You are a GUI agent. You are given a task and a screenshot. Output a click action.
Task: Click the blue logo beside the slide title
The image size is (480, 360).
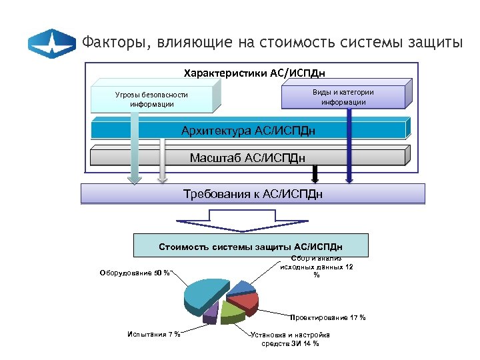click(x=52, y=43)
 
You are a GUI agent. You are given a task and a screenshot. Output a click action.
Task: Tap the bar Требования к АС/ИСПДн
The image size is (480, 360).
click(x=252, y=194)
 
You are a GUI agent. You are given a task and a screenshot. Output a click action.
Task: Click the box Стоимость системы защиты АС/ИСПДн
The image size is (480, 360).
click(x=251, y=246)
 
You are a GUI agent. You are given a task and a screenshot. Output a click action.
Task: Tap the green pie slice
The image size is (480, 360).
click(x=230, y=310)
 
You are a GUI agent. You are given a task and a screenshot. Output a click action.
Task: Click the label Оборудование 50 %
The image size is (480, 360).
click(x=134, y=273)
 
